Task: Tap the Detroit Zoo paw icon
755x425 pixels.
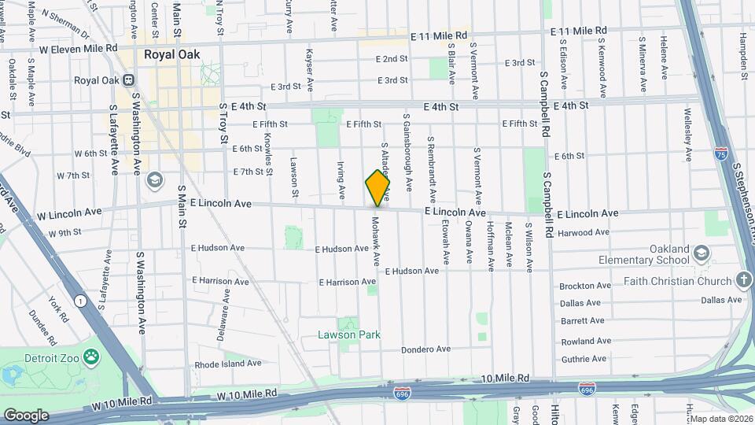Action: click(x=93, y=357)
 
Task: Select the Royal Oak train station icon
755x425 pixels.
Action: click(x=130, y=80)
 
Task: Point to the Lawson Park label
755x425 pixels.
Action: click(x=349, y=334)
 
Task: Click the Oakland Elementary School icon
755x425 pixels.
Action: click(x=702, y=253)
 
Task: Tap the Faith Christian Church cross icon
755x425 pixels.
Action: click(x=744, y=281)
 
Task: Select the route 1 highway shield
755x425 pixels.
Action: click(x=79, y=300)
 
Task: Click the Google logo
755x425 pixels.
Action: click(x=26, y=415)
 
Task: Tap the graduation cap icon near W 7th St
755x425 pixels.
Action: click(x=154, y=180)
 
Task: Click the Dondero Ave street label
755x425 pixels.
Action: click(x=425, y=349)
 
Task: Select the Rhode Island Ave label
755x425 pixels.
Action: click(x=228, y=364)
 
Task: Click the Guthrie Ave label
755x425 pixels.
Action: click(x=583, y=359)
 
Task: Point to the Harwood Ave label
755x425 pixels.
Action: click(x=583, y=233)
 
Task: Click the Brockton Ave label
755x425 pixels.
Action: click(x=584, y=286)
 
